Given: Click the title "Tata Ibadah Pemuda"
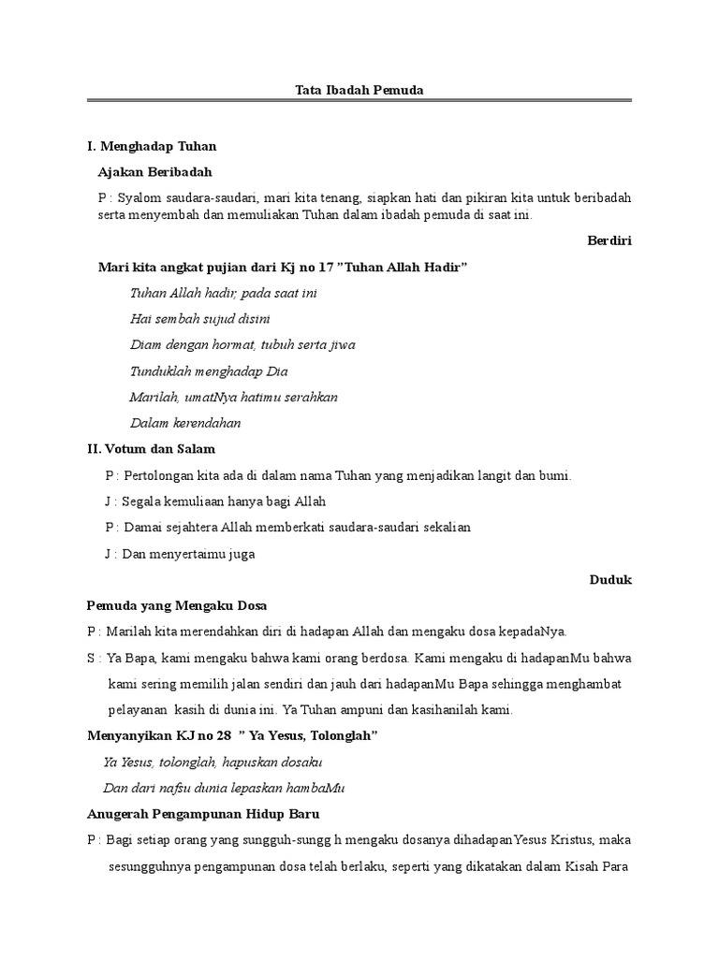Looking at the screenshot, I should tap(360, 90).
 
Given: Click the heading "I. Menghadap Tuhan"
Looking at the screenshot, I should tap(151, 146).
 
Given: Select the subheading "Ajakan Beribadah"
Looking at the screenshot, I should tap(154, 171).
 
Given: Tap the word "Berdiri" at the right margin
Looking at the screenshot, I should tap(609, 240).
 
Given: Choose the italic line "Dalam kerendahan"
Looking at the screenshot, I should tap(185, 423).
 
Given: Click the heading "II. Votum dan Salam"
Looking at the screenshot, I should tap(151, 449).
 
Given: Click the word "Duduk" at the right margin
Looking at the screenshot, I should tap(610, 580).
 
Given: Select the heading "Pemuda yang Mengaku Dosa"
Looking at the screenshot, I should tap(177, 605).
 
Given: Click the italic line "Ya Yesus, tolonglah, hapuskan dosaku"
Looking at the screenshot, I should tap(213, 762).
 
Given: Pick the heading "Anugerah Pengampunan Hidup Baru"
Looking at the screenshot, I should tap(203, 814).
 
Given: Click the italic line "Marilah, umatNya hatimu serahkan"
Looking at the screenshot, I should tap(233, 397).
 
